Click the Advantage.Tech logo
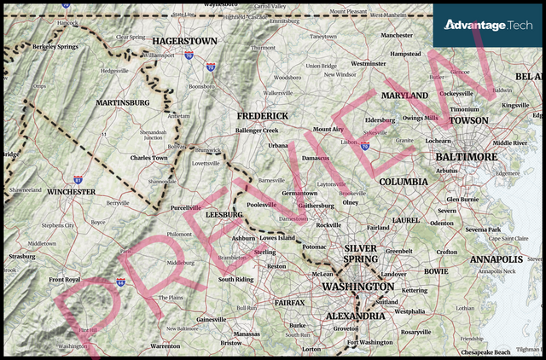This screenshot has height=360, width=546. pyautogui.click(x=488, y=26)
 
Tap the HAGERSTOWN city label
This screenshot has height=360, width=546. pyautogui.click(x=184, y=41)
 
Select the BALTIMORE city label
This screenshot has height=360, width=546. pyautogui.click(x=466, y=157)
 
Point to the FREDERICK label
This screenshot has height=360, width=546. pyautogui.click(x=262, y=115)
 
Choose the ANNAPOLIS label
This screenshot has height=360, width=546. pyautogui.click(x=496, y=258)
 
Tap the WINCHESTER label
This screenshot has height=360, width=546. pyautogui.click(x=71, y=192)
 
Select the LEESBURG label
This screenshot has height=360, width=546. pyautogui.click(x=224, y=214)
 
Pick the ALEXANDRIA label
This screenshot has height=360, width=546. pyautogui.click(x=356, y=316)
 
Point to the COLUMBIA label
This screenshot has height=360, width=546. pyautogui.click(x=404, y=182)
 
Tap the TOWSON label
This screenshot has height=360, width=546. pyautogui.click(x=468, y=121)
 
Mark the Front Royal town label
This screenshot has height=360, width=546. pyautogui.click(x=64, y=280)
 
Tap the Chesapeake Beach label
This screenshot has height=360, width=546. pyautogui.click(x=485, y=351)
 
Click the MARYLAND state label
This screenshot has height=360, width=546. pyautogui.click(x=404, y=96)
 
